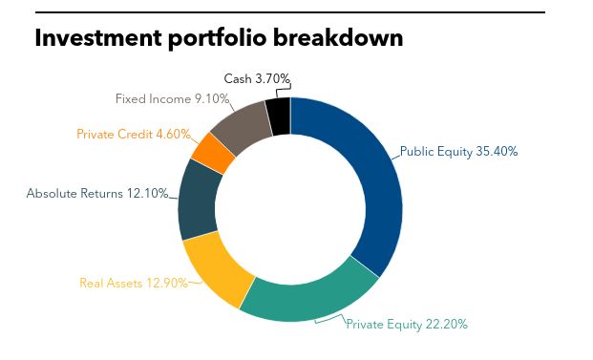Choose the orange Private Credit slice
tap(213, 152)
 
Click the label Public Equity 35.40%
tap(459, 151)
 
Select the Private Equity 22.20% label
tap(406, 324)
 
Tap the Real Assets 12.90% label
tap(133, 283)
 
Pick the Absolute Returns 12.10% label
tap(96, 193)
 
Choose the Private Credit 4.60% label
tap(133, 134)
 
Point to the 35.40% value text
tap(497, 151)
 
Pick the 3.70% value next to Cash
tap(272, 78)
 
